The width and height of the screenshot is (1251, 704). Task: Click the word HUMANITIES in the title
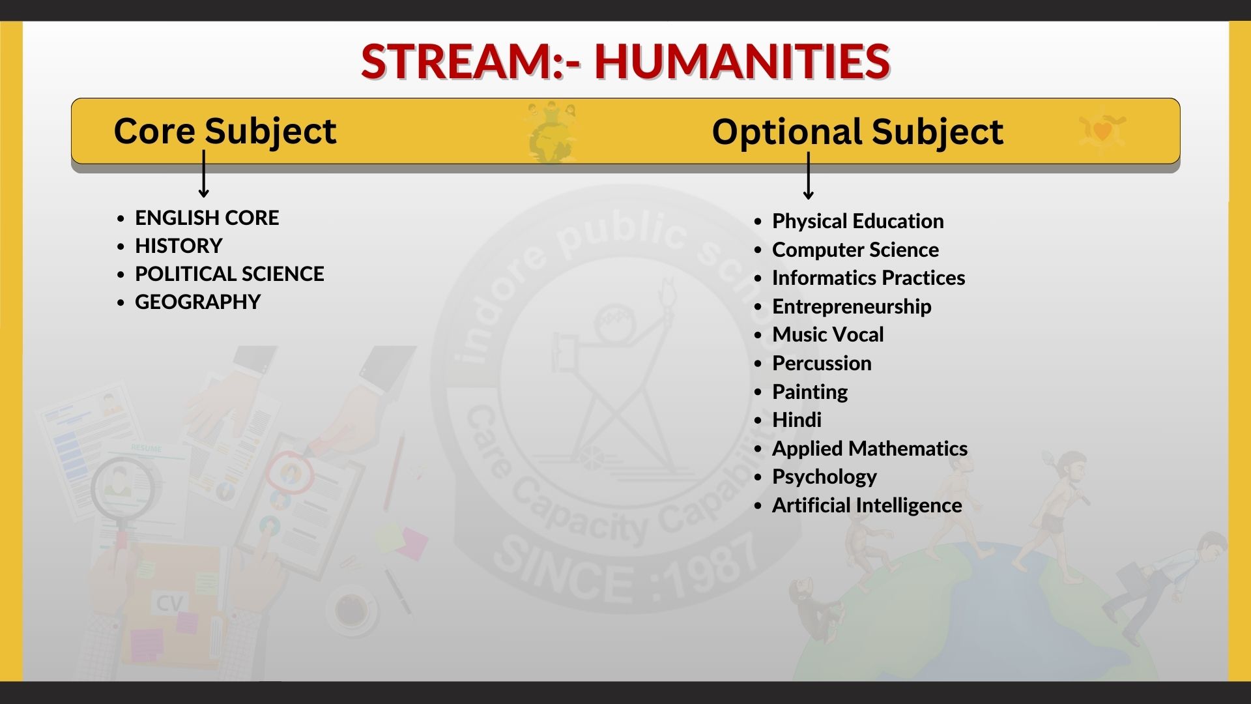click(742, 61)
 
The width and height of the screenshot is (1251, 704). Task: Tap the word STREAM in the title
click(457, 61)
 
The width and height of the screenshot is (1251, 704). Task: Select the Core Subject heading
click(225, 132)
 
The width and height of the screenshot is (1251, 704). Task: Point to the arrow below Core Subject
click(204, 174)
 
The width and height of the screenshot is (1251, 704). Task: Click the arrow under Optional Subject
click(809, 176)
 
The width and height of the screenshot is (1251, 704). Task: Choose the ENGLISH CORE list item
click(207, 218)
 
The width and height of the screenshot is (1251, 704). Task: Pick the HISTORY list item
click(179, 246)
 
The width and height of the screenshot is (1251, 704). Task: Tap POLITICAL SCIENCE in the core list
click(229, 274)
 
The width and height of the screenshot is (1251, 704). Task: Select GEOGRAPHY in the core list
click(197, 302)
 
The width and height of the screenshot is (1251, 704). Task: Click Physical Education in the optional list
click(857, 222)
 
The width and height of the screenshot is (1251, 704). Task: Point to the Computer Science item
click(856, 250)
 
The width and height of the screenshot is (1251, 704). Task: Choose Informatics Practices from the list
click(869, 278)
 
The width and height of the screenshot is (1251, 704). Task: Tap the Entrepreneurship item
click(852, 307)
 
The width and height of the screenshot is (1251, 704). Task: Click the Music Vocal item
click(827, 335)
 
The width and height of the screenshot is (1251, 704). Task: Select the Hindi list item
click(796, 420)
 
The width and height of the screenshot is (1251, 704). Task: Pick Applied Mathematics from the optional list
click(869, 449)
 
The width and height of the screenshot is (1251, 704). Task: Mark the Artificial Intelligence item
click(867, 506)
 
